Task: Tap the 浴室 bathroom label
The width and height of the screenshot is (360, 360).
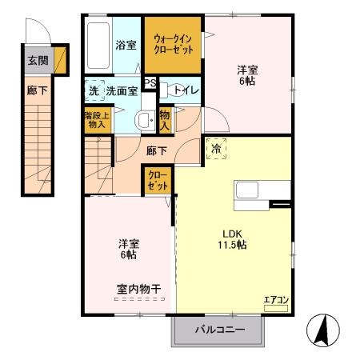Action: [126, 45]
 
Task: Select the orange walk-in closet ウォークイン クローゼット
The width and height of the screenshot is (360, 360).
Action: [174, 45]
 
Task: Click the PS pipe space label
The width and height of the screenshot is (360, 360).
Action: [150, 82]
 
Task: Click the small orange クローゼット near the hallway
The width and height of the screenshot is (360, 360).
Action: [155, 180]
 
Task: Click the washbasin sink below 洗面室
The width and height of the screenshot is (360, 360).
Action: [145, 121]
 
